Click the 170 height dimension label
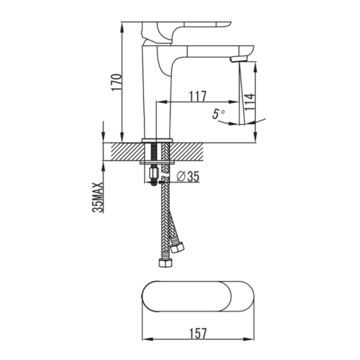point(116,82)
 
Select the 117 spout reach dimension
point(197,96)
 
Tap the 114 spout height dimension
point(250,102)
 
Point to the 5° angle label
point(218,114)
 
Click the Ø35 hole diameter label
point(188,176)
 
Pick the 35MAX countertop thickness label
point(98,197)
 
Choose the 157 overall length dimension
point(198,334)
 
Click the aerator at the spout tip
point(239,59)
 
